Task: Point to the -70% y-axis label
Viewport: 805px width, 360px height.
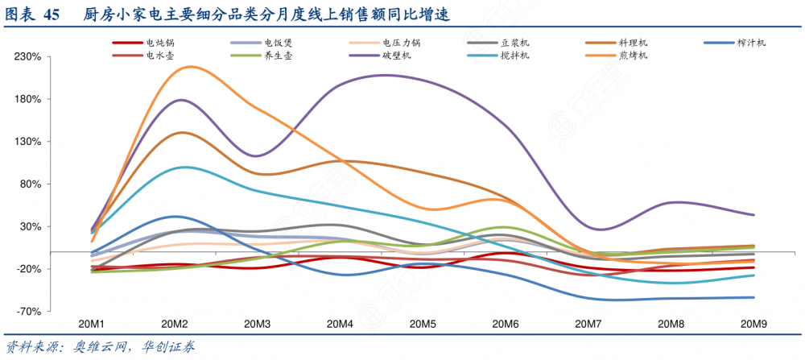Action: [31, 311]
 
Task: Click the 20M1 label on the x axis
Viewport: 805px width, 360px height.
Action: [92, 324]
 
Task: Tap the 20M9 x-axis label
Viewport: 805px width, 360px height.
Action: [753, 324]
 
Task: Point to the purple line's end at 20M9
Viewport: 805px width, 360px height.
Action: [753, 215]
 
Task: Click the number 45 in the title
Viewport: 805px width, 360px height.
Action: [52, 16]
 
